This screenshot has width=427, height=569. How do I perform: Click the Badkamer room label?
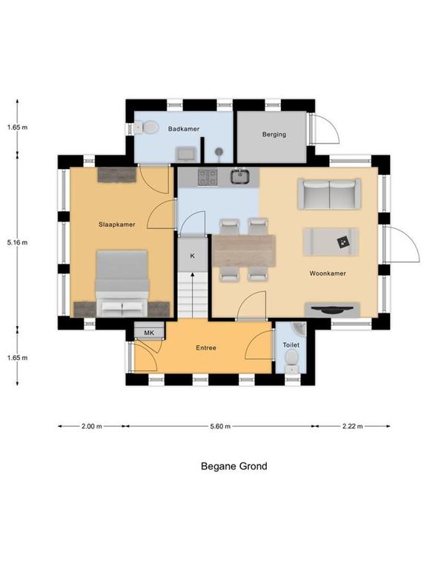coord(184,129)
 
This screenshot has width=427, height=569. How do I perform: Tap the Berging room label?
coord(274,134)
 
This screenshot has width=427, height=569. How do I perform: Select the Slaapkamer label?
coord(117,224)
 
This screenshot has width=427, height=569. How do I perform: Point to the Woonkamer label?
coord(328,273)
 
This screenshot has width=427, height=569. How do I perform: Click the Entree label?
coord(206,347)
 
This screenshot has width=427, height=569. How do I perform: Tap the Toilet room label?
coord(291,345)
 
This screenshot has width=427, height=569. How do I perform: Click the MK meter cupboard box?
coord(149,333)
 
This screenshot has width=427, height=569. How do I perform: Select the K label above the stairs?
coord(193,256)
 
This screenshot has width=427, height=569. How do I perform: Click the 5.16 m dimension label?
coord(17,242)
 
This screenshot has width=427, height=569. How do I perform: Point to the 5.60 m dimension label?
coord(220,427)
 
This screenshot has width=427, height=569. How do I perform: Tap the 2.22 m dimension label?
coord(352,427)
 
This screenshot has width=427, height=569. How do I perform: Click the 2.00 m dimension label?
coord(91,427)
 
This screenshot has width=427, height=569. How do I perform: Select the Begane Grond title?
coord(234,466)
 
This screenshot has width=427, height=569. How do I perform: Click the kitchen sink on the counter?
coord(239,177)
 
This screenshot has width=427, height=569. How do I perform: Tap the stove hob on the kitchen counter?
coord(208,178)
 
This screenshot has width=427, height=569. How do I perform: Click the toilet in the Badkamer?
coord(146,127)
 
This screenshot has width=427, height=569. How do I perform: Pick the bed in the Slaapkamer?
coord(122,283)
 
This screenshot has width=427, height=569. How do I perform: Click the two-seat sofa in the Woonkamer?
coord(329,194)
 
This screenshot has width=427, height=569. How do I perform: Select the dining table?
coord(244,250)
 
